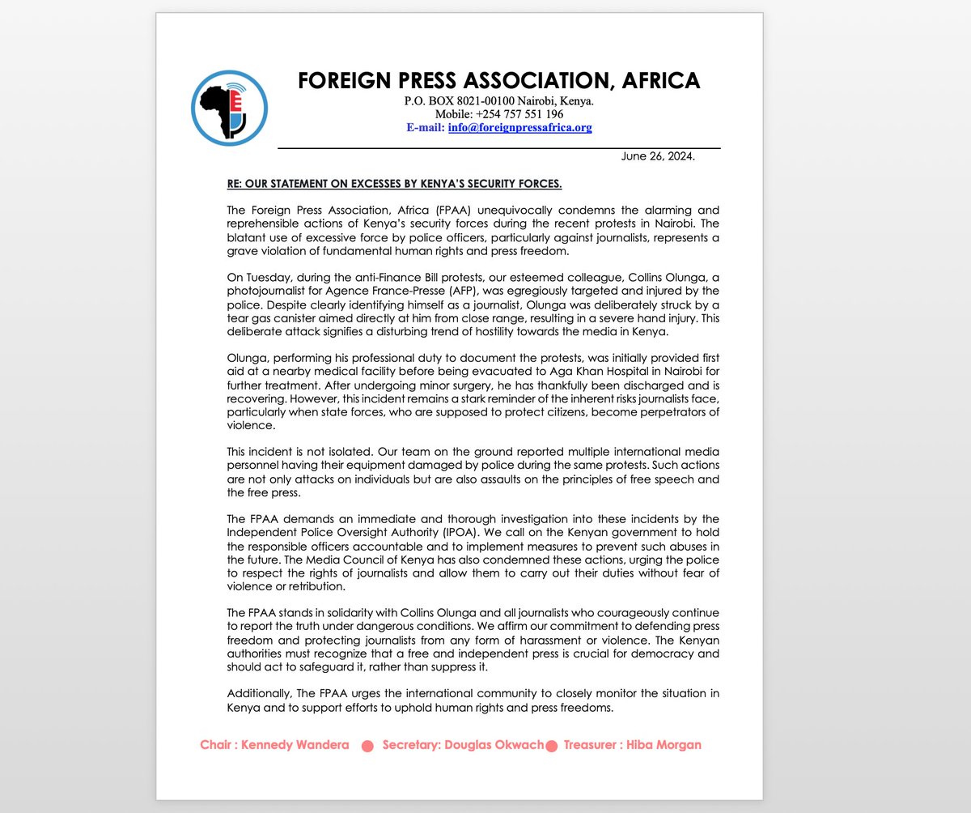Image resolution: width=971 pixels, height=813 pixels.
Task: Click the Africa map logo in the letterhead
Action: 229,107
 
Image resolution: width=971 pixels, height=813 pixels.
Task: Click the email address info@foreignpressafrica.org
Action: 519,128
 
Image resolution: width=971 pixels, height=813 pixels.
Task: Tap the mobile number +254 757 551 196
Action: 521,115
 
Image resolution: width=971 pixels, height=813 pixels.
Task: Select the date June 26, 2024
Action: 658,156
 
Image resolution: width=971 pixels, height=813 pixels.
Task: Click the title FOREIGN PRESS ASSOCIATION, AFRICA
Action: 498,81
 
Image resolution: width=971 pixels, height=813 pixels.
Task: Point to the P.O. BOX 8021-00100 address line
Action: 499,102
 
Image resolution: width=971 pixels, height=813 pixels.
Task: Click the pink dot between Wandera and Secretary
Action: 367,746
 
